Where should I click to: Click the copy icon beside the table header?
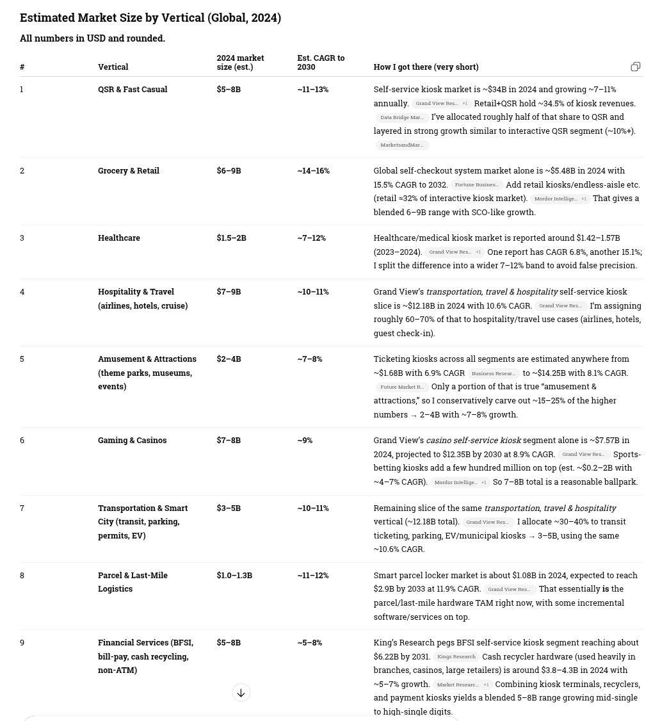(x=635, y=67)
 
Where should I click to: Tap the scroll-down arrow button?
(x=241, y=692)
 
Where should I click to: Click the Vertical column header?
(x=113, y=67)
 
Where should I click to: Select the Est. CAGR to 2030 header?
(x=321, y=62)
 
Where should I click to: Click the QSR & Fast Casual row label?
(x=133, y=89)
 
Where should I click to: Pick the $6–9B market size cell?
(x=229, y=170)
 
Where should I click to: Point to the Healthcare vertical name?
(x=119, y=238)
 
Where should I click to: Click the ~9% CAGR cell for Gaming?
(x=305, y=440)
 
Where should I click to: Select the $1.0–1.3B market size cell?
(x=234, y=575)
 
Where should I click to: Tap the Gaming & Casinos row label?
(x=132, y=440)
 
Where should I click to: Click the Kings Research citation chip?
(x=456, y=656)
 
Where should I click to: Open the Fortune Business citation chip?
(x=476, y=185)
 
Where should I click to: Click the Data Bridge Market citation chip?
(x=402, y=117)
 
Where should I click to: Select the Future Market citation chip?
(x=402, y=387)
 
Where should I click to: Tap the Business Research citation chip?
(x=493, y=373)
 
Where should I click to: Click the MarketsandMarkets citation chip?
(x=402, y=145)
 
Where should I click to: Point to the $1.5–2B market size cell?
(x=231, y=238)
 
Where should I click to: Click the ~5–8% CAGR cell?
(x=309, y=642)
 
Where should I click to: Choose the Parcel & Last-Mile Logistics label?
(x=133, y=581)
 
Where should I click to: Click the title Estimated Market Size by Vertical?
(x=150, y=18)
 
